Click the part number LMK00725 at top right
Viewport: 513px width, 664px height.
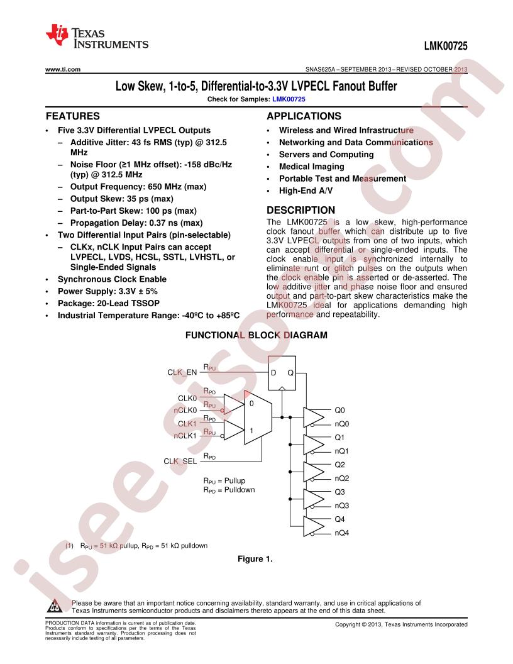[x=446, y=46]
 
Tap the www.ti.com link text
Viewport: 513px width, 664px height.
[x=63, y=69]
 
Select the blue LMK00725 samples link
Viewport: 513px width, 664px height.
[x=289, y=99]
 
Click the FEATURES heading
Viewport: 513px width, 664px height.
[x=73, y=116]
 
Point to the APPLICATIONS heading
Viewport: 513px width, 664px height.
[x=304, y=116]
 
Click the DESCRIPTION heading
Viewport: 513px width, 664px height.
[x=301, y=210]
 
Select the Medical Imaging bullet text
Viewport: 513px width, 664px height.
[x=312, y=167]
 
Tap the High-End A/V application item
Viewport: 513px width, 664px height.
[x=306, y=191]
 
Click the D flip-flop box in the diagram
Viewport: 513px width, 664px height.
[x=282, y=373]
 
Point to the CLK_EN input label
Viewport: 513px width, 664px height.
[x=182, y=372]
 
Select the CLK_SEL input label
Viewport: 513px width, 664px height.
[x=180, y=461]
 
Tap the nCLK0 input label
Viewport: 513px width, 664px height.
[x=185, y=411]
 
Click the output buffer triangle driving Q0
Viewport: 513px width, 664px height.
[x=314, y=417]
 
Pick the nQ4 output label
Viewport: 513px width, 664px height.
[x=341, y=533]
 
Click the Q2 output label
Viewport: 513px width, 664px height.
[x=339, y=465]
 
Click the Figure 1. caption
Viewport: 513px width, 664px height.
[x=255, y=559]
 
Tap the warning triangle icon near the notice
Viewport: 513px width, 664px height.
[x=55, y=606]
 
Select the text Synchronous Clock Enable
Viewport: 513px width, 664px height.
[x=112, y=279]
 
